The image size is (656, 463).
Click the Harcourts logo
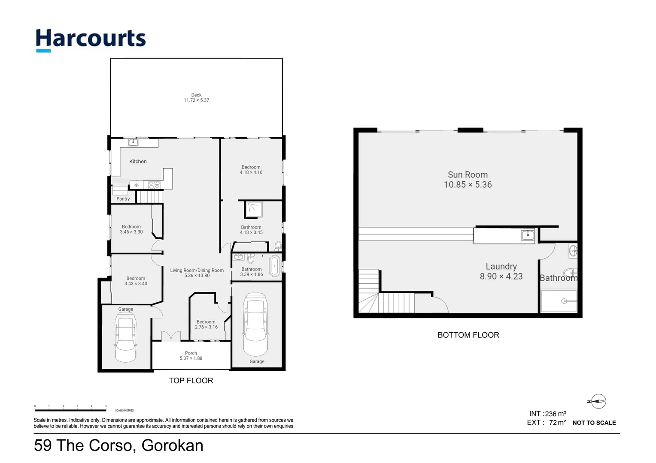[x=91, y=39]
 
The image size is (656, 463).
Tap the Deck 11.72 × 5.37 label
[x=196, y=98]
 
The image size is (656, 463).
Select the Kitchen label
[x=138, y=162]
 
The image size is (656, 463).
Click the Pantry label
[x=123, y=199]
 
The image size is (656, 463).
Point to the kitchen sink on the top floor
[x=134, y=142]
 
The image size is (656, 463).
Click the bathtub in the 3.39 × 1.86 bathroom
[x=274, y=266]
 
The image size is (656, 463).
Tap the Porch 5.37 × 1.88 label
[x=191, y=356]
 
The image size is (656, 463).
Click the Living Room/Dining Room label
[x=197, y=273]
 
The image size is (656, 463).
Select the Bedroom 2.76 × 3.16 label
[x=206, y=325]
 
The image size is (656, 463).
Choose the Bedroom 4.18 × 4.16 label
[x=251, y=170]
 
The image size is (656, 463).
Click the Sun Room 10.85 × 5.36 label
[x=468, y=180]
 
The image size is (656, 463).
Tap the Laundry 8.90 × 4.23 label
[x=501, y=271]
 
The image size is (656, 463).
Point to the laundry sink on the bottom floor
[x=527, y=235]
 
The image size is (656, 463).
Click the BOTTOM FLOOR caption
[x=468, y=335]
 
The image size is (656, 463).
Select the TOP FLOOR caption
[x=191, y=381]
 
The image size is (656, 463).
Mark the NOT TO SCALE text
[x=594, y=423]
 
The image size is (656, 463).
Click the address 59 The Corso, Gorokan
[x=118, y=446]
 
